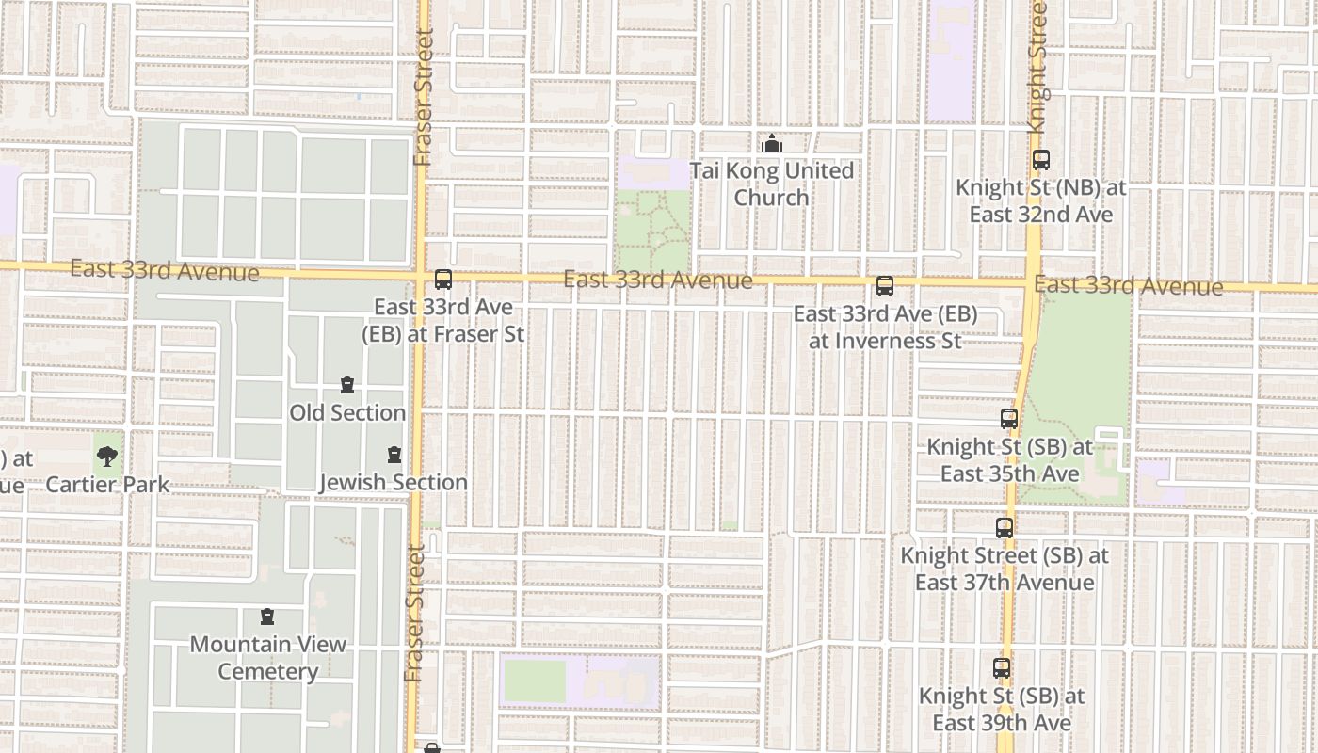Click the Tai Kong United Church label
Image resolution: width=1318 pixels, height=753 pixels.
771,184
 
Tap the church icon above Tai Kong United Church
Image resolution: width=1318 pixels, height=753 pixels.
772,144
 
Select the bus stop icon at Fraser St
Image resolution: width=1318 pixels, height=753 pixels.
443,280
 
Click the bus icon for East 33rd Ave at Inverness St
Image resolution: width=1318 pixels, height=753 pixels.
885,286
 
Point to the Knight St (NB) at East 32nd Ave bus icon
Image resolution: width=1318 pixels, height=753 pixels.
1040,160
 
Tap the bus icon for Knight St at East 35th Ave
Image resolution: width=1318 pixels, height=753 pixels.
1009,419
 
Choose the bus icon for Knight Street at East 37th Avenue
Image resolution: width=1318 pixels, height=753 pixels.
1005,528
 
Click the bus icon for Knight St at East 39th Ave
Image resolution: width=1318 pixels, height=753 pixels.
1002,669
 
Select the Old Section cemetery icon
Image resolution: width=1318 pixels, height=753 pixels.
347,386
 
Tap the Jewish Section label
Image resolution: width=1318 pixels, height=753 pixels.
394,482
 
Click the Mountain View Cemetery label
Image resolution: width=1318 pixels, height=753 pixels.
268,658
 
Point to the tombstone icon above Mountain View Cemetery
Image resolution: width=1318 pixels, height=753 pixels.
268,617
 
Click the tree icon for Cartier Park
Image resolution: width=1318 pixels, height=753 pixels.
107,457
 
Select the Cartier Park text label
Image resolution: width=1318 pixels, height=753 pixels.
107,485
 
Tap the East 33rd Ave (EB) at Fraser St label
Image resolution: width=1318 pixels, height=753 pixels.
443,320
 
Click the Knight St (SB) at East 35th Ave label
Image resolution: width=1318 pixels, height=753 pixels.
1010,459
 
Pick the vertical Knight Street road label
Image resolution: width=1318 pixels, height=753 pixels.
1037,66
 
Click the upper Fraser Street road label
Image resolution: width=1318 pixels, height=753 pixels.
423,99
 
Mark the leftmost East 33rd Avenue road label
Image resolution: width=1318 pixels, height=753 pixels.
165,270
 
